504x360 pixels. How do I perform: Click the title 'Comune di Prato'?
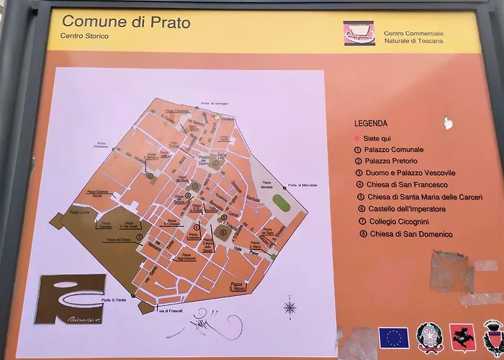126,22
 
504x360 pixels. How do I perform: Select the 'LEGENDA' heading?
371,123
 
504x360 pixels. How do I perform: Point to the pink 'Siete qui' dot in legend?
356,138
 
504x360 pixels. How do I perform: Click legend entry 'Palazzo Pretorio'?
390,161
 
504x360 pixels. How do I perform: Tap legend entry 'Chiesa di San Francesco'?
406,185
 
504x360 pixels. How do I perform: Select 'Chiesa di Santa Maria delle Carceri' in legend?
425,197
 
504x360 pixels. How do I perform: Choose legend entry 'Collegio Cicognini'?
400,222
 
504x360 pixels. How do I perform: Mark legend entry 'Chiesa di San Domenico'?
410,234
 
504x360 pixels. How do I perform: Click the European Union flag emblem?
394,338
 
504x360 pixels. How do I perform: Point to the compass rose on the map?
289,308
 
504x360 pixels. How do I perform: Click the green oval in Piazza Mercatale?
280,203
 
